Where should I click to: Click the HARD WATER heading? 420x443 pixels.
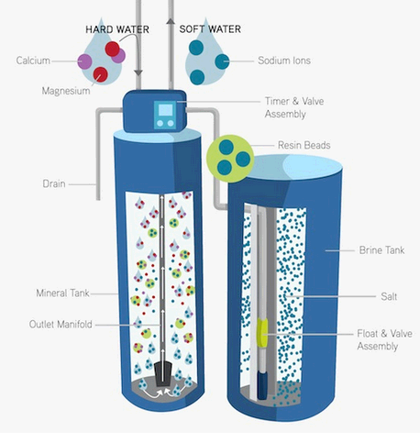(x=117, y=29)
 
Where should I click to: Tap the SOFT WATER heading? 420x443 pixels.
(x=210, y=29)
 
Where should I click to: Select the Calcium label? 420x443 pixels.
(x=33, y=61)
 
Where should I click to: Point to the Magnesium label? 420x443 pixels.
(x=66, y=91)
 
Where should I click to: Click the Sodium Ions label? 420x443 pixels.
(x=284, y=61)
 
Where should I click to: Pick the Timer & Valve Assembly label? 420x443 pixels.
(x=294, y=107)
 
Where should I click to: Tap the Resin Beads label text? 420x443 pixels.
(x=304, y=145)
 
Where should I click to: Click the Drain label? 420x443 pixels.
(x=54, y=183)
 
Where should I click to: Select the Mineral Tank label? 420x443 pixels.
(x=62, y=293)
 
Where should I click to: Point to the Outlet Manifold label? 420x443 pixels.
(x=61, y=324)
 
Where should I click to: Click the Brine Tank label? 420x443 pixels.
(x=381, y=250)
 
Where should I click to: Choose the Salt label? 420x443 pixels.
(x=389, y=296)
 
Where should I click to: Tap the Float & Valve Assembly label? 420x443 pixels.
(x=384, y=339)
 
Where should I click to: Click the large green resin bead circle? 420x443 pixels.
(x=230, y=159)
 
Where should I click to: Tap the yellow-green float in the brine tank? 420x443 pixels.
(x=262, y=333)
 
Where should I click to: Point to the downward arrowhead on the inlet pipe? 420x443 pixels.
(x=138, y=73)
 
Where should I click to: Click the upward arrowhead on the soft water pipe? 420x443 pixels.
(x=171, y=21)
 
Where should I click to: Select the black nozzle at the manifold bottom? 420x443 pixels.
(x=162, y=374)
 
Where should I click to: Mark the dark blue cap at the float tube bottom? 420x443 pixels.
(x=262, y=384)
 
